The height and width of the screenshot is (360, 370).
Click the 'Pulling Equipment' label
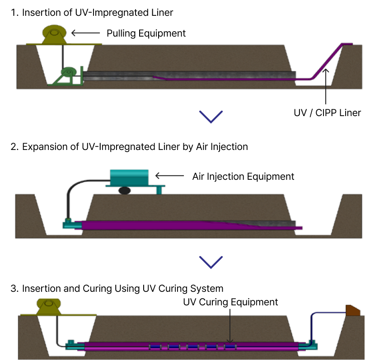(x=146, y=33)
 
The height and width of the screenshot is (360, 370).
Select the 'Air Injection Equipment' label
(x=243, y=176)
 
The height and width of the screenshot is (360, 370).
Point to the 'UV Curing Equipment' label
(x=230, y=302)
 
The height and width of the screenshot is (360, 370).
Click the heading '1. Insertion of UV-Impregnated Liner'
(x=92, y=13)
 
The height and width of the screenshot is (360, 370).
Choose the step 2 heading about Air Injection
(x=129, y=147)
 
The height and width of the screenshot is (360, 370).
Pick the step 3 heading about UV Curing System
(x=117, y=289)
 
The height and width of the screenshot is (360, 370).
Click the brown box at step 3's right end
(x=353, y=310)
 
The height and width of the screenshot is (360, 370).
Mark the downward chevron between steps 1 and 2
(x=211, y=117)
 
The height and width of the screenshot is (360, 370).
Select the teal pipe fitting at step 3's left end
(x=72, y=345)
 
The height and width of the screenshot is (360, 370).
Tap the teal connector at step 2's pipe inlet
(x=70, y=223)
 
